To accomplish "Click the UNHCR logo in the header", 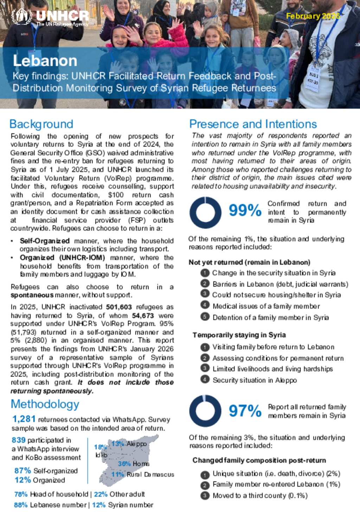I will [50, 17].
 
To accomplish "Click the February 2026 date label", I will [313, 16].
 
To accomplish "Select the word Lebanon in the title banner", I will [45, 61].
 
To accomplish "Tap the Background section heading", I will [41, 124].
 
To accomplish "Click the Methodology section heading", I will [45, 404].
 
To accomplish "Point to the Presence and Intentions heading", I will [253, 124].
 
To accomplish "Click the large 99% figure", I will [245, 211].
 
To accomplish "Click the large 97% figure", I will [245, 411].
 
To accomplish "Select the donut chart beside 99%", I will [205, 212].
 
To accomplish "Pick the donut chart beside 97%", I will [205, 411].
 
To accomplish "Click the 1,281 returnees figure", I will [24, 419].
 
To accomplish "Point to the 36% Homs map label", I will [133, 464].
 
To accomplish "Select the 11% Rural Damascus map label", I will [142, 474].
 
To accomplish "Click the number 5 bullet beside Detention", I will [205, 317].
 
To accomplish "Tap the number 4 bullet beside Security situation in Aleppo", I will [205, 380].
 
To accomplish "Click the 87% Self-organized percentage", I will [22, 471].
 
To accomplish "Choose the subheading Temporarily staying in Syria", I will [239, 335].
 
